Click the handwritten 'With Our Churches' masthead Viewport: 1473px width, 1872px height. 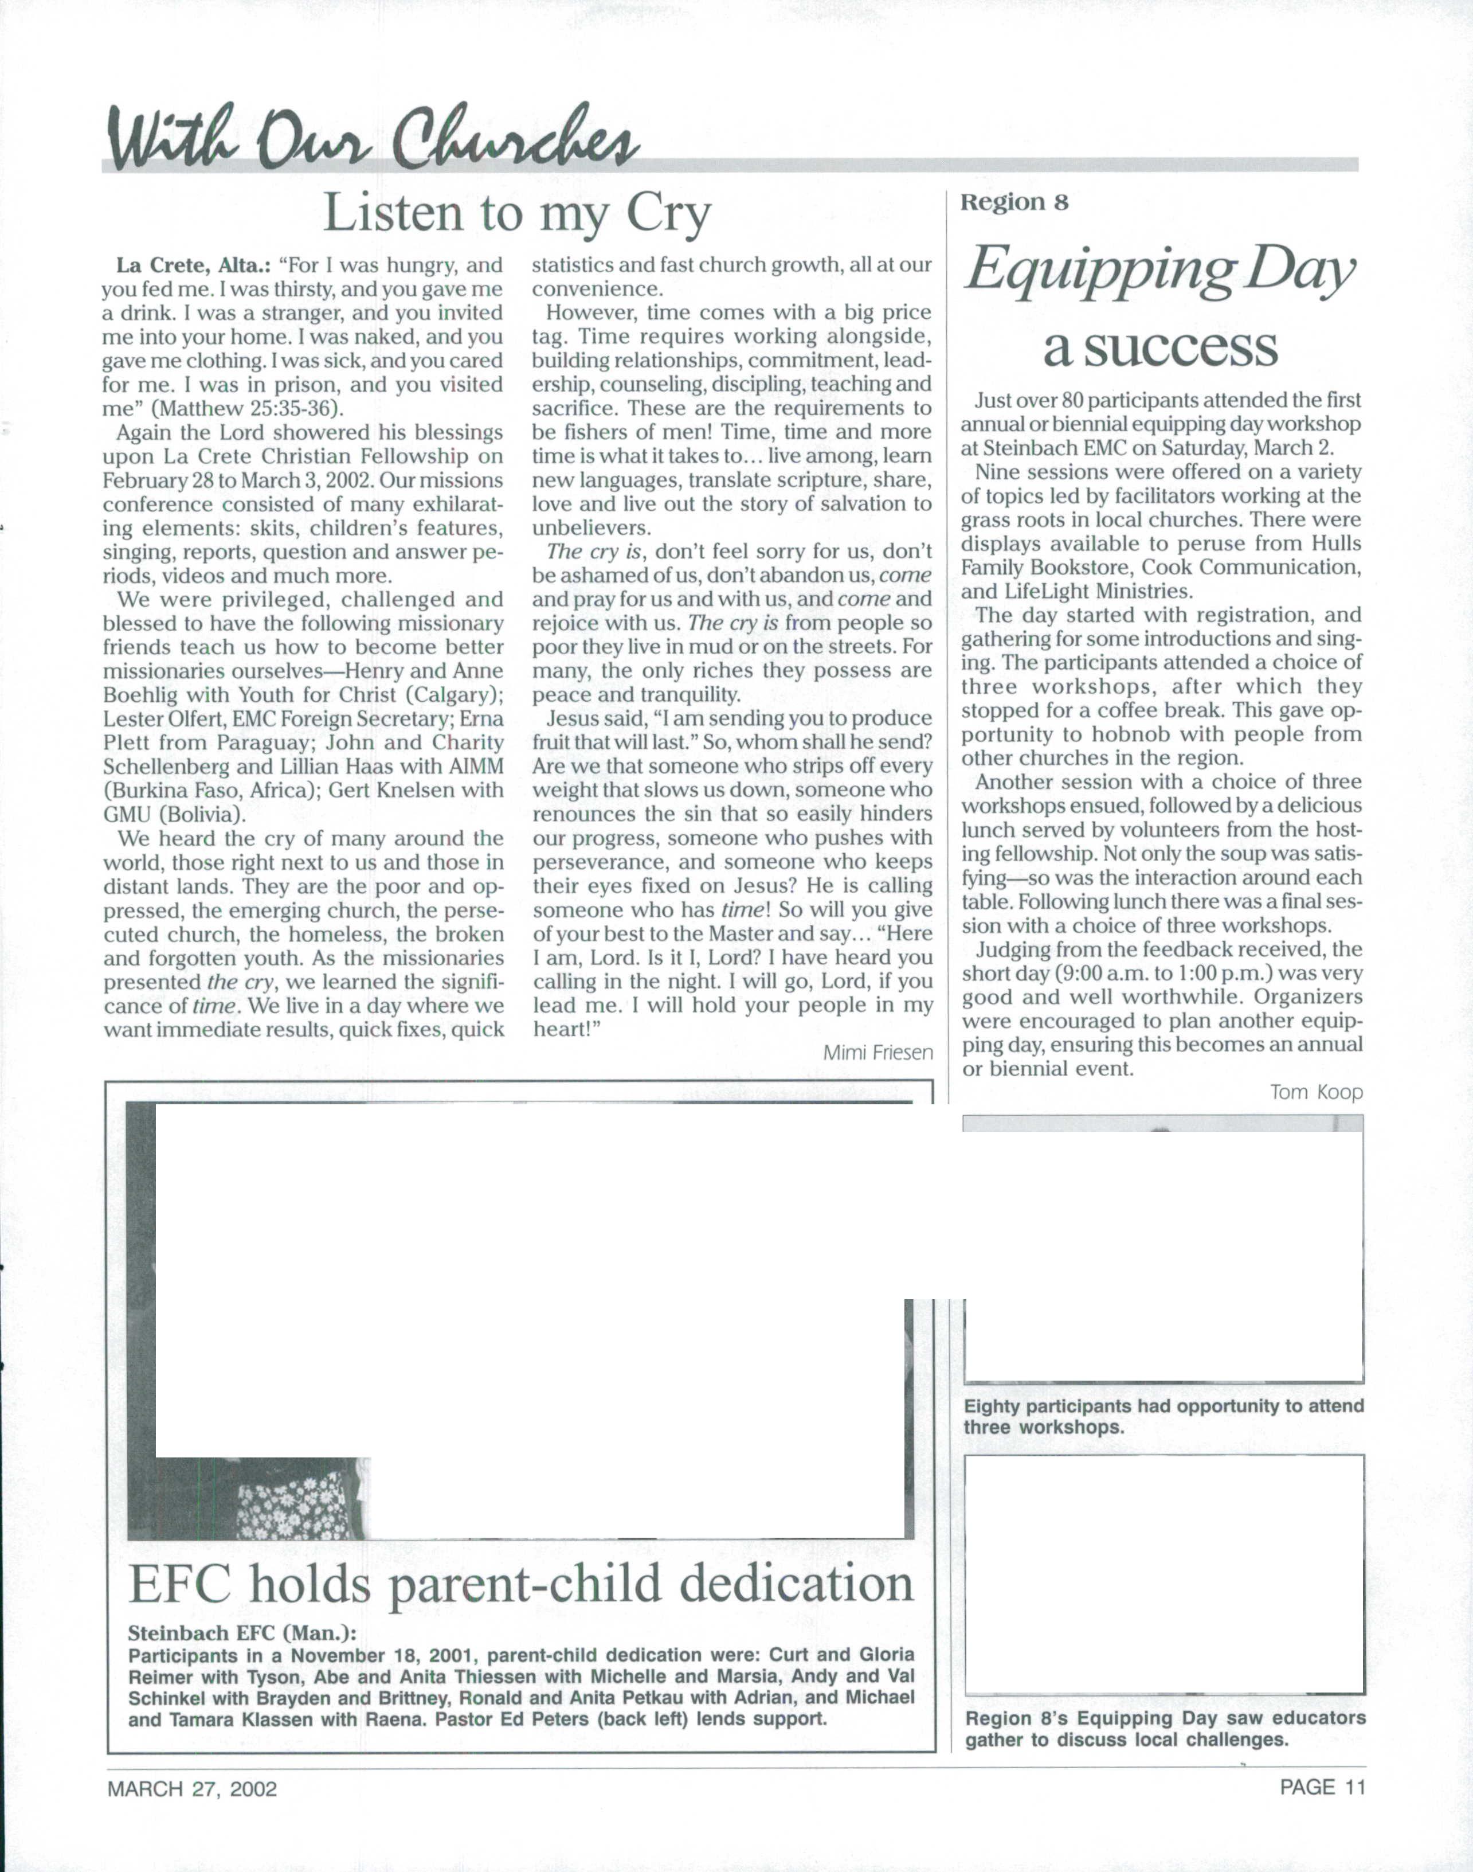coord(371,138)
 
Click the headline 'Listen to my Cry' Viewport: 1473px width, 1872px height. coord(518,213)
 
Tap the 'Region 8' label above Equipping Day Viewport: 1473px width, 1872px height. coord(1014,203)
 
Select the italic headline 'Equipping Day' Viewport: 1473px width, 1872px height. coord(1159,271)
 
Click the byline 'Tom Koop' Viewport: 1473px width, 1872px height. coord(1316,1092)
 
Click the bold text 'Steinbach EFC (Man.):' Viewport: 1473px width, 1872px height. coord(241,1633)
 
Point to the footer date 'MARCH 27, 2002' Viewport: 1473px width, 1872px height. coord(191,1788)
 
